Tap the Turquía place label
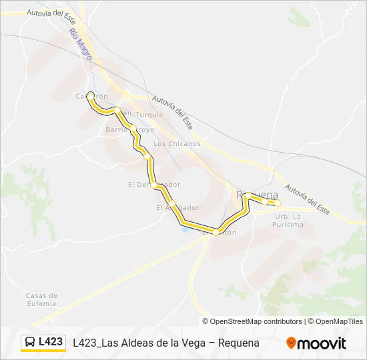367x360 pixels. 149,115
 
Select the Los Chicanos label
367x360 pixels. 177,143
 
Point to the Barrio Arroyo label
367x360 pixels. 129,129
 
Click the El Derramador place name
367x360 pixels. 154,184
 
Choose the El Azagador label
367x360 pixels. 177,207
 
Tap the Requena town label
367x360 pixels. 258,195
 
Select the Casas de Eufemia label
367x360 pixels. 41,299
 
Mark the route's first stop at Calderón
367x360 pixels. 90,95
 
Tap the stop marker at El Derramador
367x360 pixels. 154,185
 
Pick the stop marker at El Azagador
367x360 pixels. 172,203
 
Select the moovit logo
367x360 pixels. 316,343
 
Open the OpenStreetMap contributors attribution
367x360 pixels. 256,321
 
